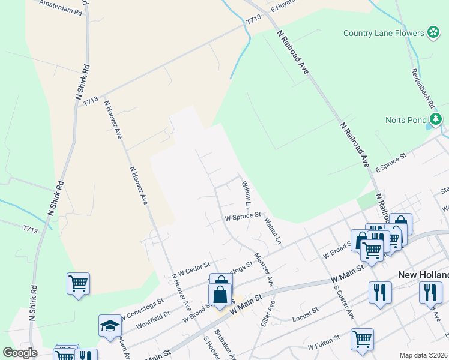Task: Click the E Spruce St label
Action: (x=391, y=163)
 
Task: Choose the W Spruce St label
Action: (x=243, y=215)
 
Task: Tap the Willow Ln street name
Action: (x=246, y=191)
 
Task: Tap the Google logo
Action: (x=20, y=352)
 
